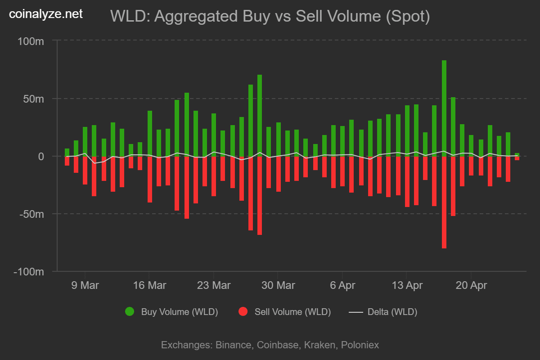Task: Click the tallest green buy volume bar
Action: pos(444,108)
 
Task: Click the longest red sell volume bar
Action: pos(444,202)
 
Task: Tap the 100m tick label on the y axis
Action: pos(31,41)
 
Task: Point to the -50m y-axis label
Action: pos(31,214)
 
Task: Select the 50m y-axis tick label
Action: pos(34,99)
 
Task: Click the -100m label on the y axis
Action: pos(28,272)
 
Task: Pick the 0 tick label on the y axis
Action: pos(40,157)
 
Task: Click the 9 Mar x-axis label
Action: pos(85,285)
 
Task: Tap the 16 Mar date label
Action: pos(149,285)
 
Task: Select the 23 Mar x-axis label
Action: pos(214,285)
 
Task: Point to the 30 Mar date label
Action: pos(278,285)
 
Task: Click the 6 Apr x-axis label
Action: pos(342,285)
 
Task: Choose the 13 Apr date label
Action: pos(407,285)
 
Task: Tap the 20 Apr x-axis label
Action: pos(471,285)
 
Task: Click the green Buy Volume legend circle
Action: pos(130,312)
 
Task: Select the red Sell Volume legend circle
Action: pos(243,312)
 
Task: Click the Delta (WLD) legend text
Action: pos(392,312)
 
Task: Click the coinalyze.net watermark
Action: pos(46,14)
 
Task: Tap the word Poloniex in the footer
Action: pos(360,345)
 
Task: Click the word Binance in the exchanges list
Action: pos(234,345)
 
